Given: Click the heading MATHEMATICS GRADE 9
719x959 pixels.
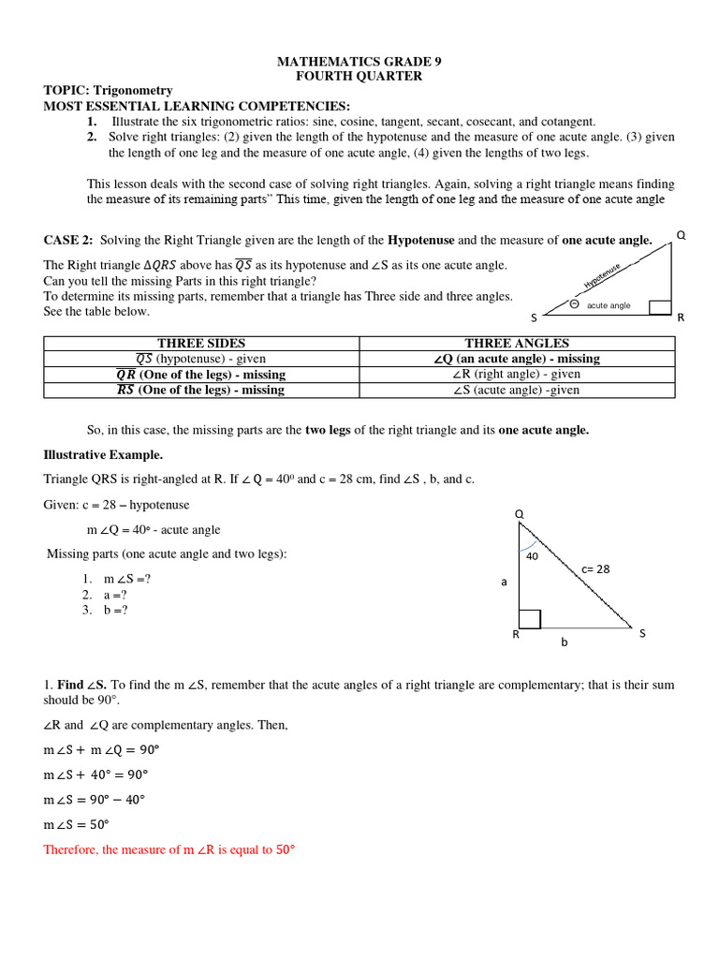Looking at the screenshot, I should tap(359, 62).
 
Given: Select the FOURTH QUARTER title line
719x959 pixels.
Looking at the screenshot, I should tap(359, 76).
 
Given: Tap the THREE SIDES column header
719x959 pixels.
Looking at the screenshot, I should tap(201, 344).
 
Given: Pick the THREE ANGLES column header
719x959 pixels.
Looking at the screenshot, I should tap(517, 344).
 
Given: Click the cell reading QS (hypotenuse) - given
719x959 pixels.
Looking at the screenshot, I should tap(201, 359).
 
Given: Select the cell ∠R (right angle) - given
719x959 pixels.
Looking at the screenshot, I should tap(517, 375).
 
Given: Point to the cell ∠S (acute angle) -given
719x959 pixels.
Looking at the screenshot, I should tap(517, 391).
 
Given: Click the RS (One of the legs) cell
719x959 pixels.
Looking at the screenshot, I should tap(201, 391).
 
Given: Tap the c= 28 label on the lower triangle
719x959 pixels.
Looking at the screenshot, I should tap(595, 568).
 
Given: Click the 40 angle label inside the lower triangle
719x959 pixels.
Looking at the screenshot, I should tap(532, 556).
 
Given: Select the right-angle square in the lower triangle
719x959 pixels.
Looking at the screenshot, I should tap(529, 619).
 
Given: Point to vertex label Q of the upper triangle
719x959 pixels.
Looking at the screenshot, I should tap(681, 236).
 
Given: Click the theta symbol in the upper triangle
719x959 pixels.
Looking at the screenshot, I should tap(574, 303).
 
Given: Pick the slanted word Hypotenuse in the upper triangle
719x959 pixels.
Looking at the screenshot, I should tap(602, 275).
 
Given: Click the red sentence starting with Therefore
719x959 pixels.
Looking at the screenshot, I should tap(169, 850).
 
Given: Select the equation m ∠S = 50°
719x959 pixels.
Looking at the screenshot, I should tap(77, 825).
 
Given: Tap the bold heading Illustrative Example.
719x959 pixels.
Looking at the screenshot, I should tap(103, 455).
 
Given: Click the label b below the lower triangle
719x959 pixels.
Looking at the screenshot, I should tap(565, 642).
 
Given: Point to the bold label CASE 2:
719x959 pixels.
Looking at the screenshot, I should tap(68, 241).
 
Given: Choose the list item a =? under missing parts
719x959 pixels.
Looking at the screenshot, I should tap(115, 595).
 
